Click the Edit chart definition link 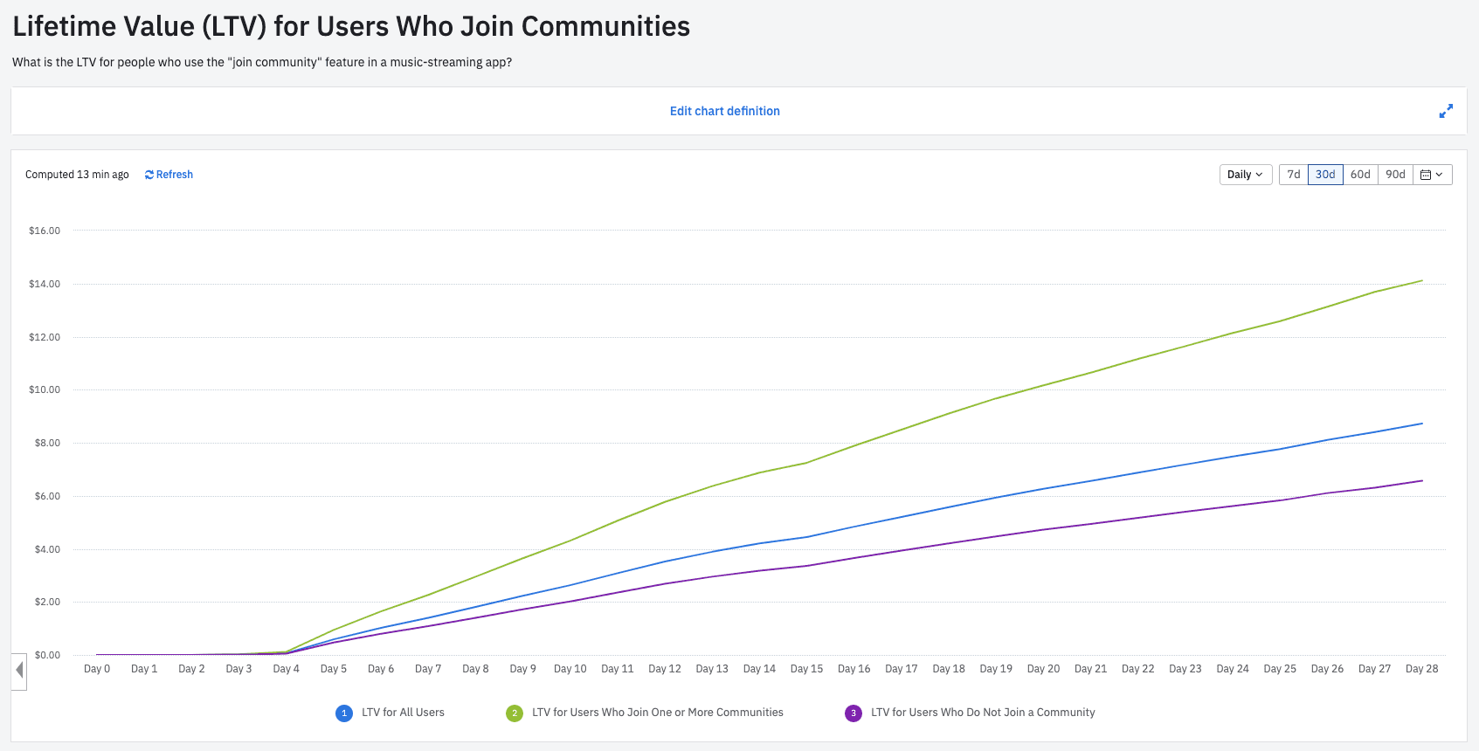click(x=724, y=111)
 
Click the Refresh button click(x=169, y=175)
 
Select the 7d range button click(x=1293, y=175)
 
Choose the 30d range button click(x=1324, y=175)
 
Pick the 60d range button click(x=1359, y=175)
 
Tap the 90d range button click(x=1395, y=175)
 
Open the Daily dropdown click(x=1245, y=175)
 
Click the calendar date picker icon click(x=1432, y=175)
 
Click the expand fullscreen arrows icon click(x=1446, y=111)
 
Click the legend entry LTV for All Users click(x=403, y=713)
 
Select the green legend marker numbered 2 click(x=515, y=713)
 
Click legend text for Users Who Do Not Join click(x=982, y=713)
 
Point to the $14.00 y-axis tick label click(x=45, y=284)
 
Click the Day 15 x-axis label click(x=806, y=669)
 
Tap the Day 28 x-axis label click(x=1421, y=669)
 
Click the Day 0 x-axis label click(x=97, y=669)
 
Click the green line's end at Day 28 click(x=1422, y=280)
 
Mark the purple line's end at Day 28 click(x=1422, y=480)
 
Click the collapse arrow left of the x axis click(x=19, y=672)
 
